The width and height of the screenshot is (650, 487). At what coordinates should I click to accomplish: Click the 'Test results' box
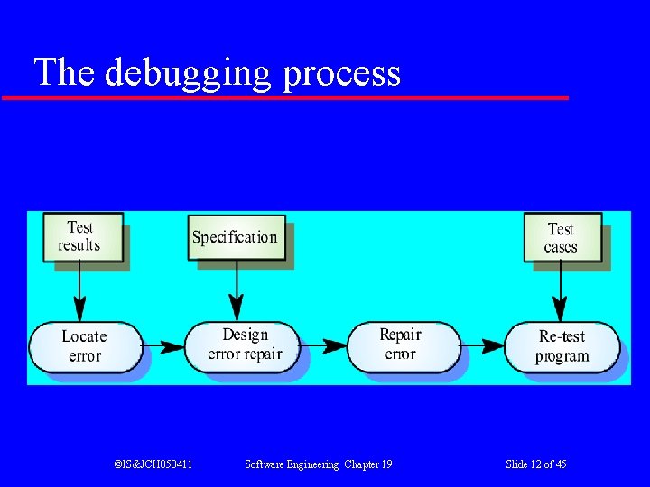[x=81, y=236]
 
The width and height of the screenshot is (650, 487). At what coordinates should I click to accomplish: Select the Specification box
[x=236, y=237]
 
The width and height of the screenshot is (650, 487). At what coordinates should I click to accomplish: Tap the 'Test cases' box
[x=562, y=237]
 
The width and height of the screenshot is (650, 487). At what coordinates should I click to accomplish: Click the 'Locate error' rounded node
[x=85, y=346]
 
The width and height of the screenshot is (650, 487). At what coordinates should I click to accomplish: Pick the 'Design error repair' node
[x=245, y=345]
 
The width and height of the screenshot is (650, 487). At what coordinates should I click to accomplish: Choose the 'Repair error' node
[x=400, y=345]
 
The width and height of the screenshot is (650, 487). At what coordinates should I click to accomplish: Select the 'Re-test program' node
[x=562, y=346]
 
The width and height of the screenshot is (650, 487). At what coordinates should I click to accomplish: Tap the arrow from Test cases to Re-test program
[x=561, y=291]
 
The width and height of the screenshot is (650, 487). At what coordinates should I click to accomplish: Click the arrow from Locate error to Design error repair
[x=163, y=346]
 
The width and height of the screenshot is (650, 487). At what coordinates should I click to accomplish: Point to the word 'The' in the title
[x=64, y=72]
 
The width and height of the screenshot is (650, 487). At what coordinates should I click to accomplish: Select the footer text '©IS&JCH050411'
[x=153, y=464]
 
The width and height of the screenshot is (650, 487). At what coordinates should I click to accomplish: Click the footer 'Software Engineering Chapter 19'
[x=319, y=464]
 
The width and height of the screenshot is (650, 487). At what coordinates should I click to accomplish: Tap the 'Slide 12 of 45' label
[x=536, y=464]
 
